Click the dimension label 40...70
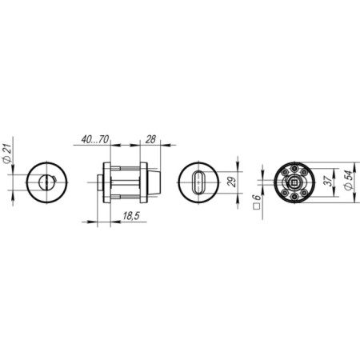click(x=95, y=139)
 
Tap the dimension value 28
click(x=150, y=139)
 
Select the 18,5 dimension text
click(x=131, y=216)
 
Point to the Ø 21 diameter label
click(x=7, y=154)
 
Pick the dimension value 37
click(x=330, y=181)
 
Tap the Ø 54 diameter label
click(x=349, y=180)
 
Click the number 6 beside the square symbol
click(x=257, y=198)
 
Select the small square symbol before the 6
click(x=257, y=206)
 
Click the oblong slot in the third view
click(x=198, y=182)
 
